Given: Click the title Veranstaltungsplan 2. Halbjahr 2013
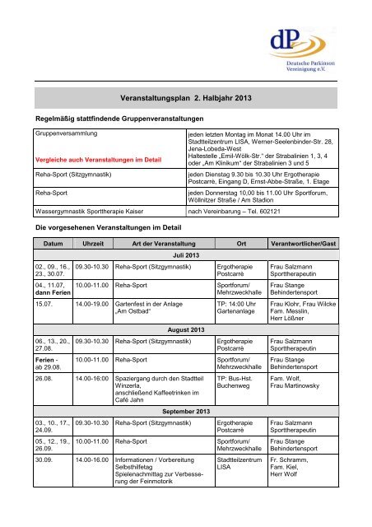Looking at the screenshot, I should click(185, 97).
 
